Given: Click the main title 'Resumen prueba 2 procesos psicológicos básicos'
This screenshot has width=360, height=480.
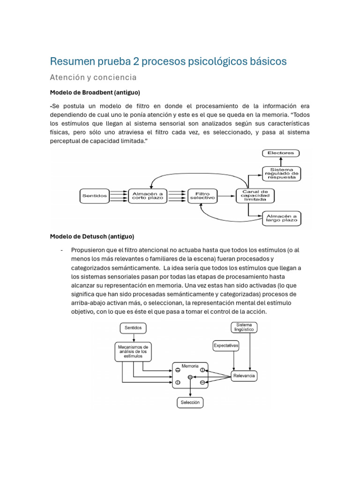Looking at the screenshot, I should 168,61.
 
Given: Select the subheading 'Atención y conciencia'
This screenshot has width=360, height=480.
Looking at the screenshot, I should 93,77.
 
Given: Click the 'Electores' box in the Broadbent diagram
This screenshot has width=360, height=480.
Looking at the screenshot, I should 280,153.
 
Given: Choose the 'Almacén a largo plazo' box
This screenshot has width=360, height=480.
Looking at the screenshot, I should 281,217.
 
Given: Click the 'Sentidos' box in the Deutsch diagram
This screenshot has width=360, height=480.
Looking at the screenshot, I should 134,328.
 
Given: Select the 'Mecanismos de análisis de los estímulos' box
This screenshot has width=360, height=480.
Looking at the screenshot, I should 133,352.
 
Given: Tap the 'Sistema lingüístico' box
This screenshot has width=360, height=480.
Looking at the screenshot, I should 244,327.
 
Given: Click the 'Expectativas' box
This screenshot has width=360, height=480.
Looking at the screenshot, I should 226,345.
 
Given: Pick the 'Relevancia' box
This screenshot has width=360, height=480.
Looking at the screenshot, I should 244,376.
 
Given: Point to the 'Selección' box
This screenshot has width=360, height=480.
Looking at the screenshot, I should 190,402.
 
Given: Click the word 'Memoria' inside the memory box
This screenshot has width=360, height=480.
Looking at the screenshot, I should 190,366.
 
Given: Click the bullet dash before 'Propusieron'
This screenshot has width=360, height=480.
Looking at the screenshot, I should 62,250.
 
